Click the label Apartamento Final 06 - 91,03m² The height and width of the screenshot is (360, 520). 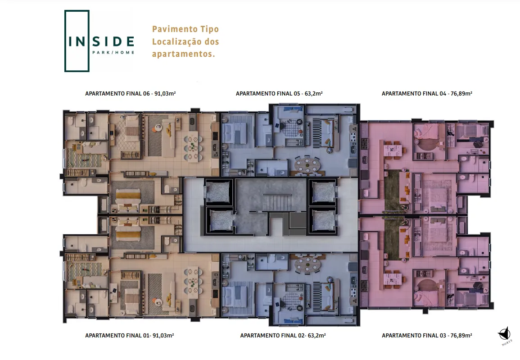pyautogui.click(x=130, y=94)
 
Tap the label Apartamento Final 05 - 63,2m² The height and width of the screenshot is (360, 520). pyautogui.click(x=279, y=94)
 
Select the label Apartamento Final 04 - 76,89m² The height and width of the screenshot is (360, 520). pyautogui.click(x=427, y=94)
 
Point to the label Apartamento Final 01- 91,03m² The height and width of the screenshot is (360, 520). pyautogui.click(x=130, y=336)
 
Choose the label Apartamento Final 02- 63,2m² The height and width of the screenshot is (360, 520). pyautogui.click(x=283, y=336)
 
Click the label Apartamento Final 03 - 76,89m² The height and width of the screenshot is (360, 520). pyautogui.click(x=427, y=336)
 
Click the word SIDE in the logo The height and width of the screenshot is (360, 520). pyautogui.click(x=113, y=42)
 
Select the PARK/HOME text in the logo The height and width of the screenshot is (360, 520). pyautogui.click(x=113, y=52)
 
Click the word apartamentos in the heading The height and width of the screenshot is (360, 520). pyautogui.click(x=183, y=54)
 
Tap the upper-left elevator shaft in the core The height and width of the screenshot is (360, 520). pyautogui.click(x=218, y=192)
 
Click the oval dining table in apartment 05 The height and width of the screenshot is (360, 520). pyautogui.click(x=308, y=165)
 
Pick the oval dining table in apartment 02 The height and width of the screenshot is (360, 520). pyautogui.click(x=308, y=264)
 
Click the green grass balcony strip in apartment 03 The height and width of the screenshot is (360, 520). pyautogui.click(x=392, y=238)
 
